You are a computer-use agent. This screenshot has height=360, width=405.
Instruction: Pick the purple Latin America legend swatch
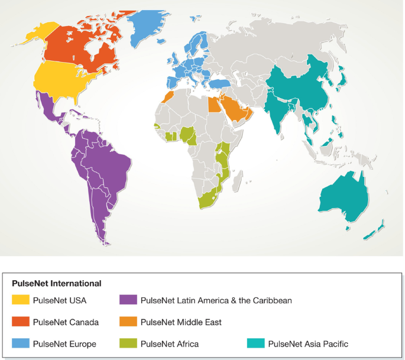pos(128,300)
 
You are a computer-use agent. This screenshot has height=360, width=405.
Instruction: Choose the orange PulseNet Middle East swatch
pos(128,322)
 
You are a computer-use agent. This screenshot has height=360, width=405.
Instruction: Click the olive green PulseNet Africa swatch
pos(128,343)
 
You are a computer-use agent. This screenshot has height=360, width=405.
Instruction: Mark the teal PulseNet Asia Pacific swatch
pos(256,343)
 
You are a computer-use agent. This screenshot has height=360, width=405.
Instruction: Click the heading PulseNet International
pos(57,283)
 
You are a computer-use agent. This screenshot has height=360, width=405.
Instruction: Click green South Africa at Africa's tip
pos(208,199)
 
